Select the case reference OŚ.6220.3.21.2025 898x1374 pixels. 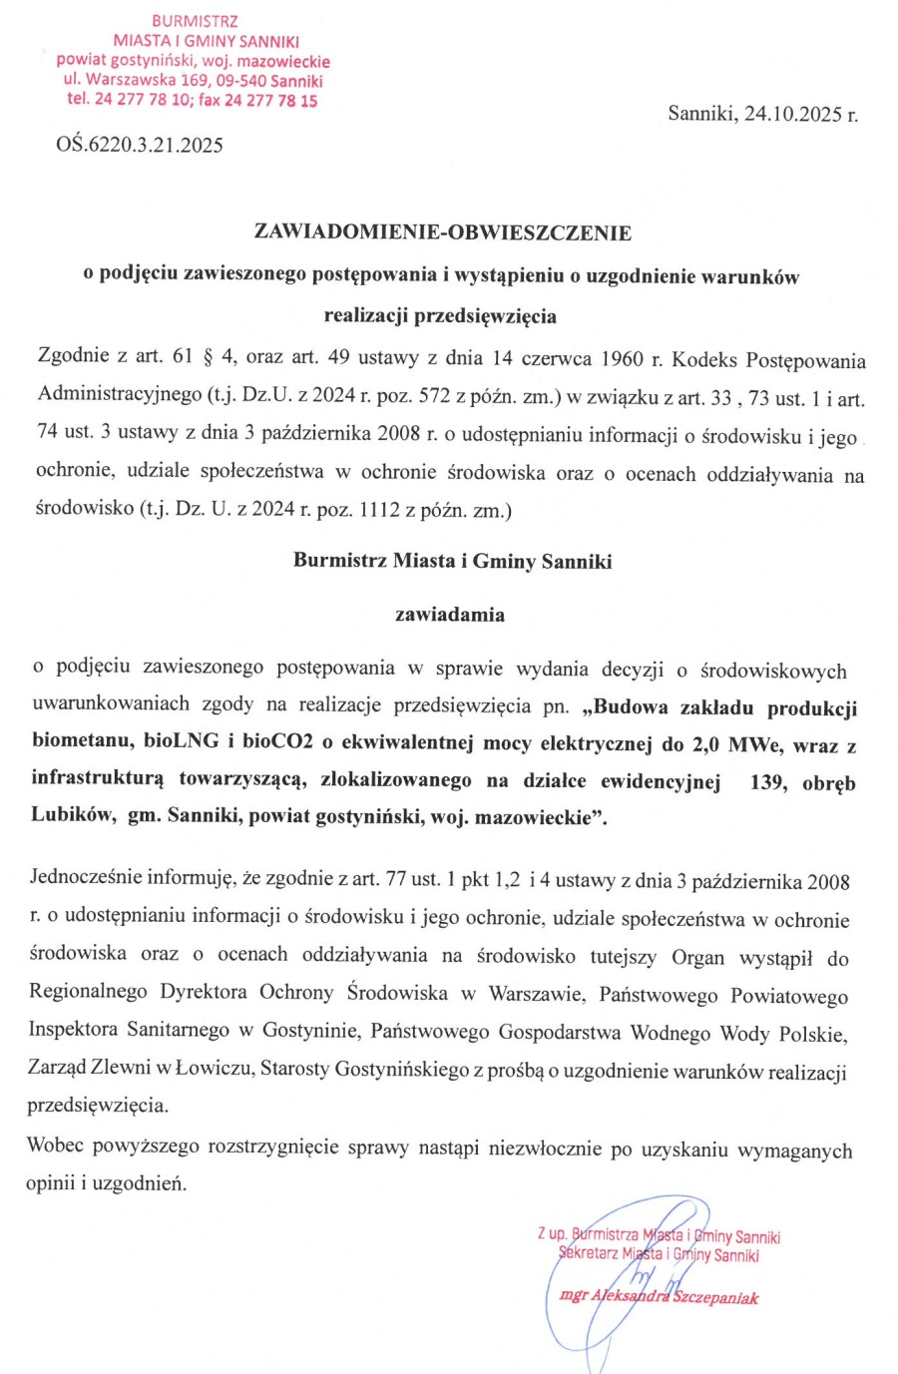140,145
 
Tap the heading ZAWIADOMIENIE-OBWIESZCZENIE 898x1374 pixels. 443,232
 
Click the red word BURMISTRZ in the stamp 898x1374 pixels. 195,21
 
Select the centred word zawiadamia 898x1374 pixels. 449,615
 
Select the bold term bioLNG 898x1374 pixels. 175,742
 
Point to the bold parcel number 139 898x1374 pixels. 766,781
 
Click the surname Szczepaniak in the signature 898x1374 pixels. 715,1297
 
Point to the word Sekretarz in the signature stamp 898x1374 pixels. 589,1254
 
